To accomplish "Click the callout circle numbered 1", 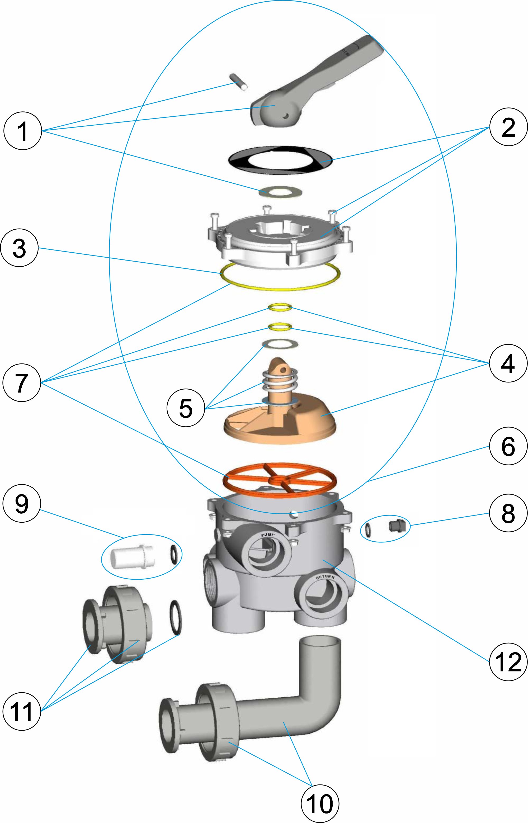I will pos(23,131).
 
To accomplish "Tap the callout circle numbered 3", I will pos(19,248).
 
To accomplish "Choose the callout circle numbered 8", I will pos(508,513).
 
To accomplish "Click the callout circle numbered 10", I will pos(319,803).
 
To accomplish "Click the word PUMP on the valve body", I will pos(268,535).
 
